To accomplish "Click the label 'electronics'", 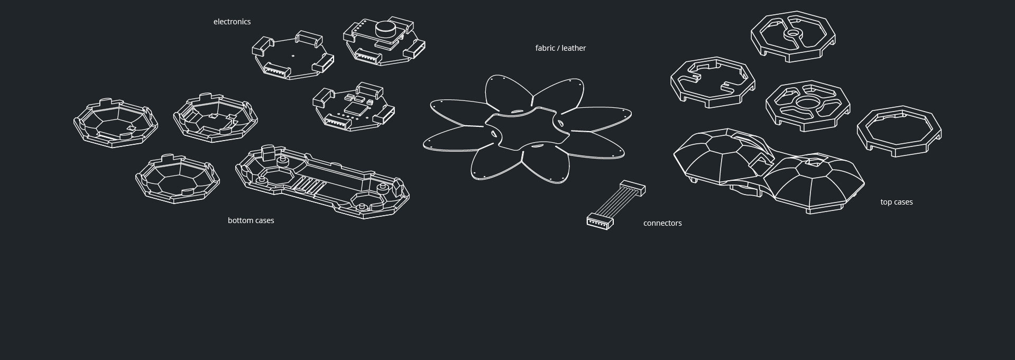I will [232, 22].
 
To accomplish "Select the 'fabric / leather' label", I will [560, 48].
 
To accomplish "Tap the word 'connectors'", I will [662, 223].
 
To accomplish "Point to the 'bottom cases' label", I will [251, 220].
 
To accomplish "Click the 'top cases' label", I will [896, 202].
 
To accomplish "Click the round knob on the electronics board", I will [385, 27].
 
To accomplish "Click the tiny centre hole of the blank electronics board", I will [293, 55].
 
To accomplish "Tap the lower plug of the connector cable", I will [599, 220].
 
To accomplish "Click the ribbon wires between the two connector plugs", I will [616, 203].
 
